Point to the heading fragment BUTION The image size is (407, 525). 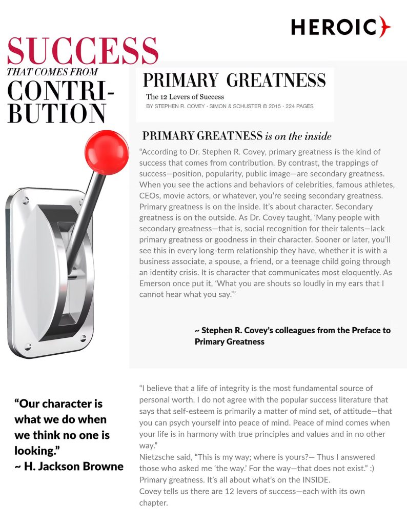click(56, 113)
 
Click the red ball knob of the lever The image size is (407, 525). click(106, 152)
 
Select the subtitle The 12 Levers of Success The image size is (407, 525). click(185, 96)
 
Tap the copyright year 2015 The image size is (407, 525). click(270, 107)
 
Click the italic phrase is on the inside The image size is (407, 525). click(298, 136)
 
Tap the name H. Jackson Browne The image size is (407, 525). click(74, 466)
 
